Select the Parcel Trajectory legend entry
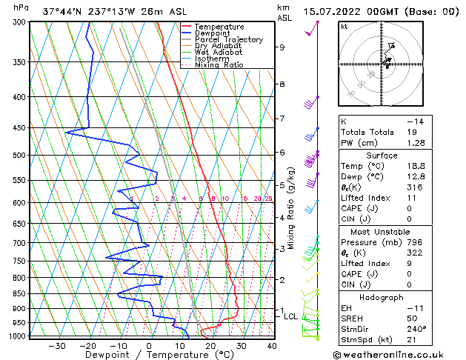coord(228,40)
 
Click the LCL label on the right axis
coord(291,317)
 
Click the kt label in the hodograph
coord(344,27)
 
